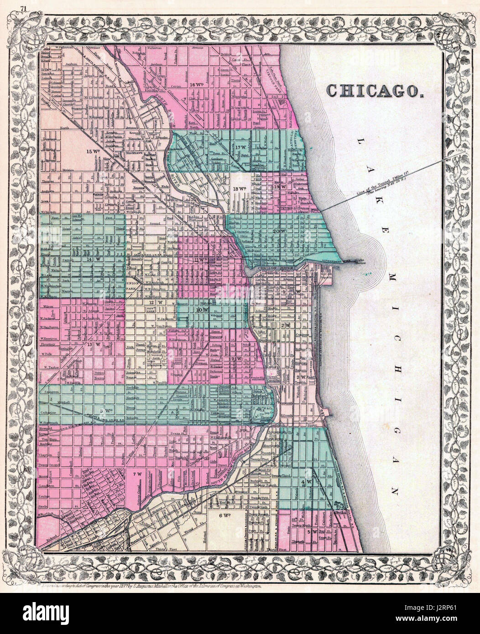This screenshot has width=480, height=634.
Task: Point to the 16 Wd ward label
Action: pyautogui.click(x=197, y=85)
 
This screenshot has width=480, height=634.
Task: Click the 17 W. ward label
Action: pyautogui.click(x=242, y=147)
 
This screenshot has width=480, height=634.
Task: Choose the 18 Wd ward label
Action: pyautogui.click(x=239, y=188)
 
